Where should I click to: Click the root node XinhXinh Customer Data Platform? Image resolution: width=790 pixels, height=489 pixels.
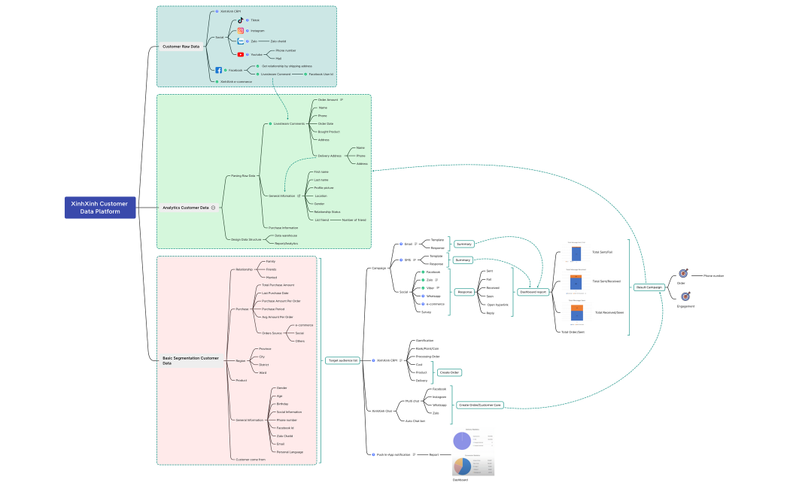[x=99, y=208]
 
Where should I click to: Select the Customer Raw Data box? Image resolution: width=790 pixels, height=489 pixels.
[x=181, y=47]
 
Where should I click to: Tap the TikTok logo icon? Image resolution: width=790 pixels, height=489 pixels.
[x=241, y=20]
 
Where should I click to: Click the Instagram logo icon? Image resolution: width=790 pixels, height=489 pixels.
[x=241, y=31]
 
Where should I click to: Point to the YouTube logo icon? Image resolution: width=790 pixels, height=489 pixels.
[x=241, y=54]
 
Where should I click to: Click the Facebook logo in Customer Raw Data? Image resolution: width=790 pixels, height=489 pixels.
[x=218, y=70]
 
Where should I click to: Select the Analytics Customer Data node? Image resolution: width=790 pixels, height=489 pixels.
[x=186, y=208]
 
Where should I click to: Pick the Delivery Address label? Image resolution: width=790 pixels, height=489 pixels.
[x=330, y=156]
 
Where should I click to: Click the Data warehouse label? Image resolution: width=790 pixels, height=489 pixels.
[x=286, y=235]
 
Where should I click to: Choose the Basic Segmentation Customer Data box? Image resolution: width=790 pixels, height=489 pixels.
[x=190, y=360]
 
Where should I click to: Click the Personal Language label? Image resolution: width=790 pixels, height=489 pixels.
[x=290, y=451]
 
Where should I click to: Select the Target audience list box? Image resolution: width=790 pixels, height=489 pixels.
[x=342, y=360]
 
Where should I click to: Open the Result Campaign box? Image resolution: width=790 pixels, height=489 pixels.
[x=649, y=287]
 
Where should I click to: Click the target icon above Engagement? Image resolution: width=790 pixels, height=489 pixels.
[x=685, y=296]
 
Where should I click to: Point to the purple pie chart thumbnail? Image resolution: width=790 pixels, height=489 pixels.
[x=461, y=441]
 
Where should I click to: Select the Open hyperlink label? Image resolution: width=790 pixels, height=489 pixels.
[x=497, y=305]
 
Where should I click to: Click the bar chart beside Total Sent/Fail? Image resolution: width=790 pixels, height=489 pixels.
[x=576, y=252]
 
